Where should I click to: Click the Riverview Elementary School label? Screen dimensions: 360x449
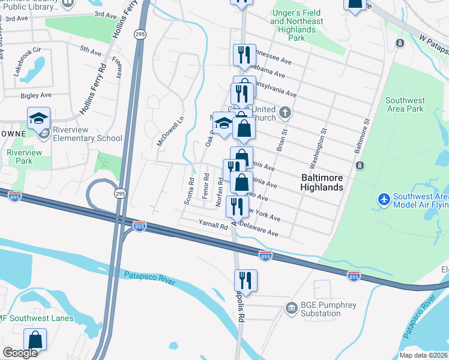87,134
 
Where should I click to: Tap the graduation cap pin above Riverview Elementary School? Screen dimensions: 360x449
38,118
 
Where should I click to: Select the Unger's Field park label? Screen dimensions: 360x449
296,25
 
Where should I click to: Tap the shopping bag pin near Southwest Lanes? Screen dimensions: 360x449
35,340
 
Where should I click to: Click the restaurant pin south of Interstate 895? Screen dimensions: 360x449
246,280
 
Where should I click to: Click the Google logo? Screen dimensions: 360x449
20,353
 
